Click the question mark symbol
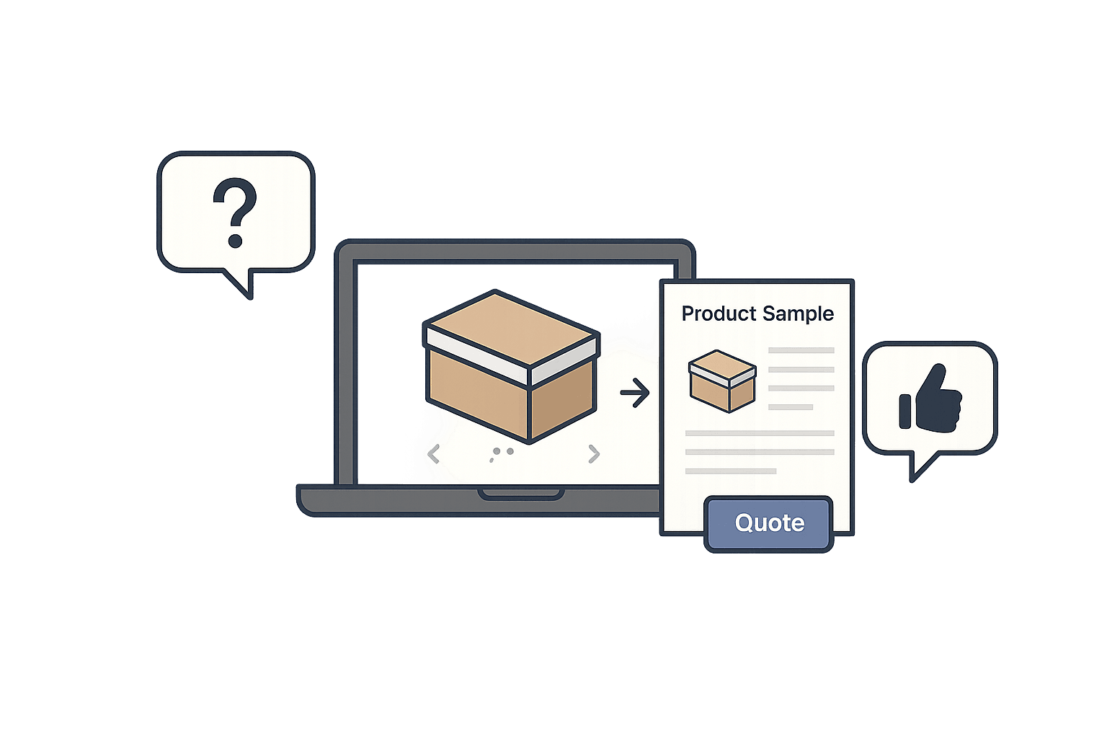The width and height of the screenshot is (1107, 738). (x=235, y=213)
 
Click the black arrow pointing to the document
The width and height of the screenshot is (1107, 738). (x=634, y=393)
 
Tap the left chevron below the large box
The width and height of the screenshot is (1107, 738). (x=434, y=454)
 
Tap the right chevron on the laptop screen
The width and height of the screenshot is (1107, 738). (x=594, y=453)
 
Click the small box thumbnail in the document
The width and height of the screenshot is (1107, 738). (x=722, y=381)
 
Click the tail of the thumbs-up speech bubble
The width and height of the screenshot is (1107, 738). (x=919, y=466)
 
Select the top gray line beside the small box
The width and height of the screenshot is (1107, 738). (x=801, y=350)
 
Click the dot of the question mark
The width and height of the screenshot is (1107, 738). (x=235, y=241)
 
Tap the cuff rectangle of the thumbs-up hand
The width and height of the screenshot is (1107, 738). (x=905, y=411)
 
